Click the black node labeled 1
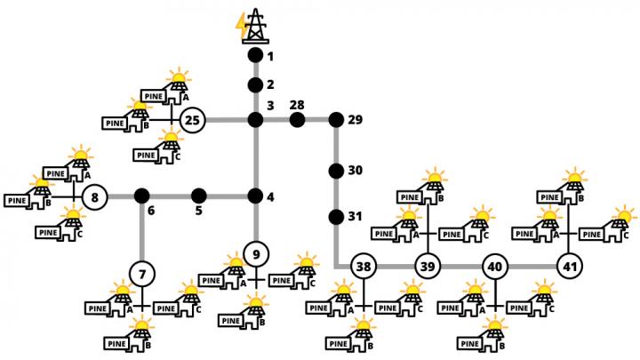255,55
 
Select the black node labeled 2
255,87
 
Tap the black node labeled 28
297,119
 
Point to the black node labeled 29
336,119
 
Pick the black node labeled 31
336,217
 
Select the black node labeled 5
199,196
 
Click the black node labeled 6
141,196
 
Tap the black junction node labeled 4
255,196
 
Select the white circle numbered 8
94,196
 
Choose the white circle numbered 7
141,271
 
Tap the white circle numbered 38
363,266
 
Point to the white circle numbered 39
428,266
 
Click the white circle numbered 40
495,266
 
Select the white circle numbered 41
569,266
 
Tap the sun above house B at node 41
578,174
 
